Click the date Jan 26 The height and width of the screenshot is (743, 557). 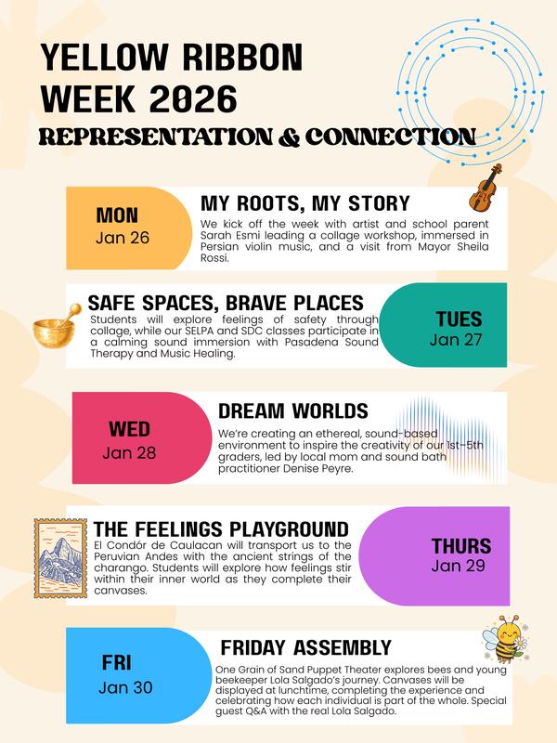click(x=122, y=238)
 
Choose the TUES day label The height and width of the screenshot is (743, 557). click(x=459, y=319)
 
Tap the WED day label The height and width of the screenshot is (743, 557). click(x=129, y=430)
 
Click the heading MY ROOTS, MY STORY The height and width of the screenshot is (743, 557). click(x=305, y=203)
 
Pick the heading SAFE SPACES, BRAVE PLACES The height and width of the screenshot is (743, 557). click(x=226, y=303)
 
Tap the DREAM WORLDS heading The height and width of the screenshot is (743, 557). click(x=293, y=411)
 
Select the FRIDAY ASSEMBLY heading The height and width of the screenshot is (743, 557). click(x=306, y=647)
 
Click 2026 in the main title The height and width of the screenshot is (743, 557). click(x=195, y=96)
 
